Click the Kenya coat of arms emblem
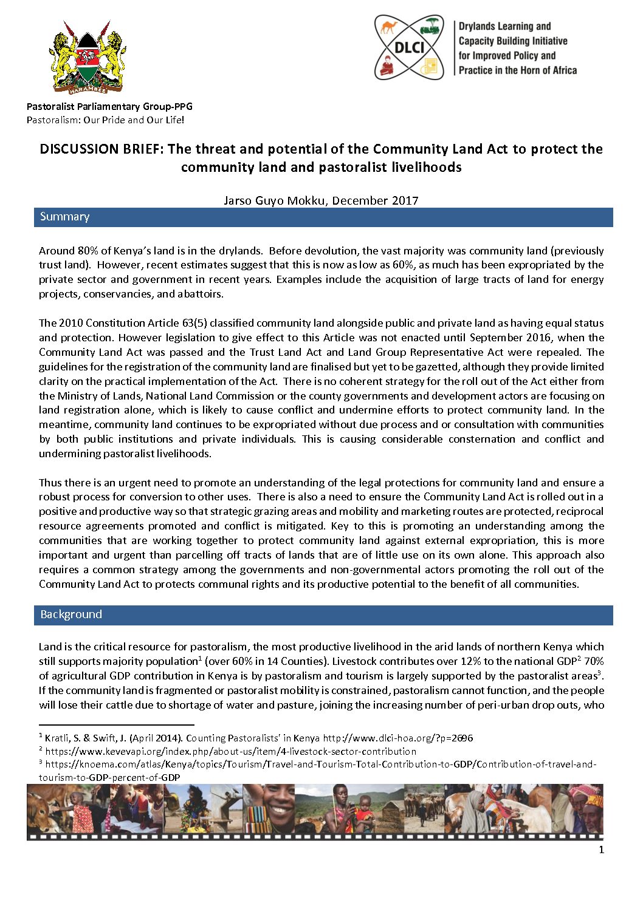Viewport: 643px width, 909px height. (x=88, y=57)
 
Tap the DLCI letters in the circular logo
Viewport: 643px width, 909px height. (x=410, y=47)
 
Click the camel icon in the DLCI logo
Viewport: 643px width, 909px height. (x=389, y=27)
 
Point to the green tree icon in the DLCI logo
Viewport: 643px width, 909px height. (x=432, y=26)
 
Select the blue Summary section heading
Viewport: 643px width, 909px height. (x=65, y=217)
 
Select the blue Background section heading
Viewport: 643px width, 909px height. (x=71, y=615)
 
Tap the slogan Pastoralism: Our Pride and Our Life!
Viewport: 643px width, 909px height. (x=105, y=120)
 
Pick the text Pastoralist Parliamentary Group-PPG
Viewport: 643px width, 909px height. (x=109, y=106)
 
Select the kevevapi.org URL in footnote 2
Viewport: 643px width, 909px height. (x=231, y=751)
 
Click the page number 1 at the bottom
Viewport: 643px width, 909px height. (x=602, y=850)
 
